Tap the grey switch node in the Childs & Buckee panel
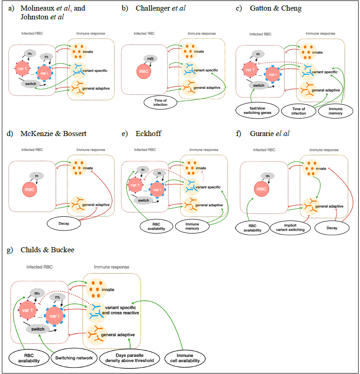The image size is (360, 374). pos(38,329)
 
